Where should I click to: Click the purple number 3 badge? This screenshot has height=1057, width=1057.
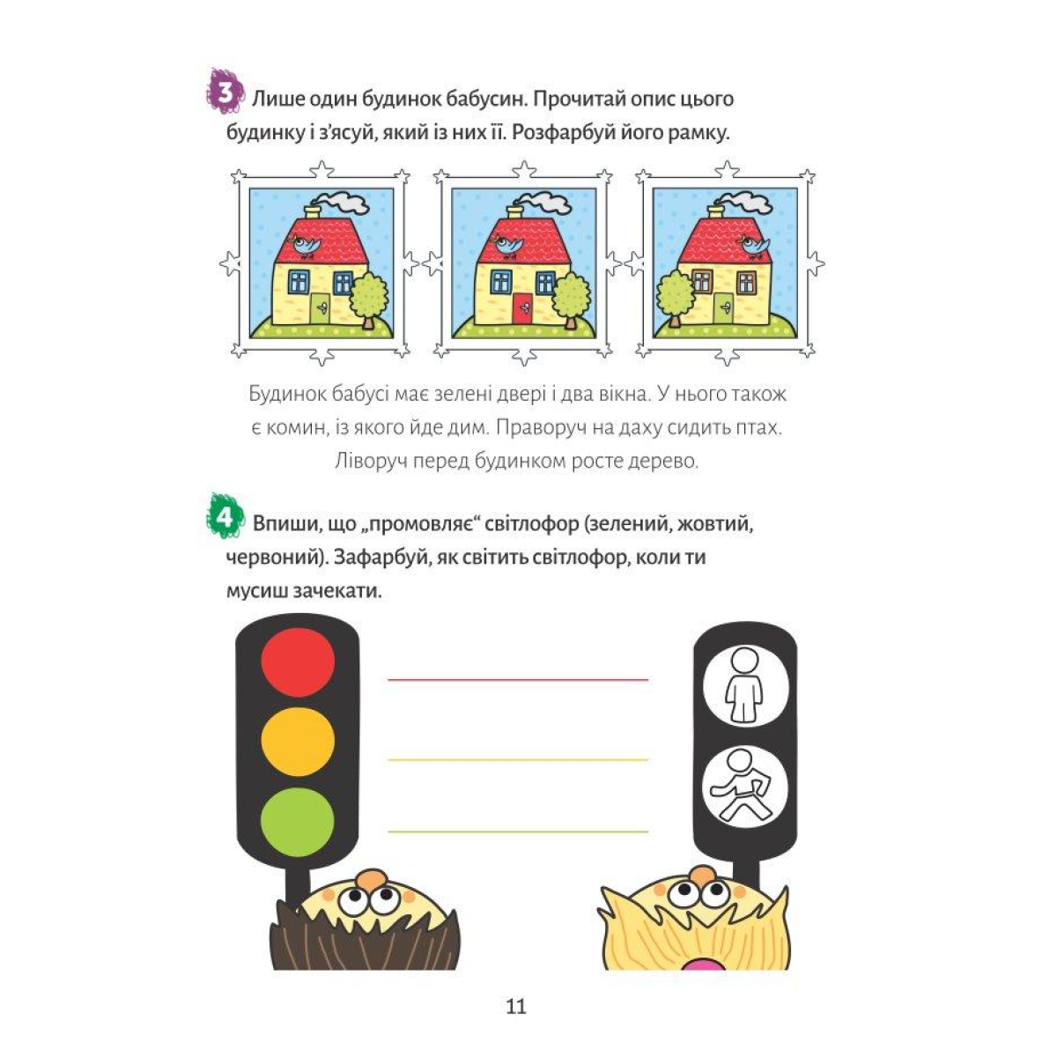coord(225,92)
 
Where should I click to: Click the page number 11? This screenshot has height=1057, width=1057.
coord(516,1006)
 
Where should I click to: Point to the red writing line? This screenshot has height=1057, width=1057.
coord(518,679)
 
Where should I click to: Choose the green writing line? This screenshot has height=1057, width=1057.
coord(518,831)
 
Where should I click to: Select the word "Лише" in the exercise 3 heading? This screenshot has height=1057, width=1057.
coord(272,98)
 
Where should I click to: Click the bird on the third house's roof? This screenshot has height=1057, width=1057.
coord(753,246)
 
